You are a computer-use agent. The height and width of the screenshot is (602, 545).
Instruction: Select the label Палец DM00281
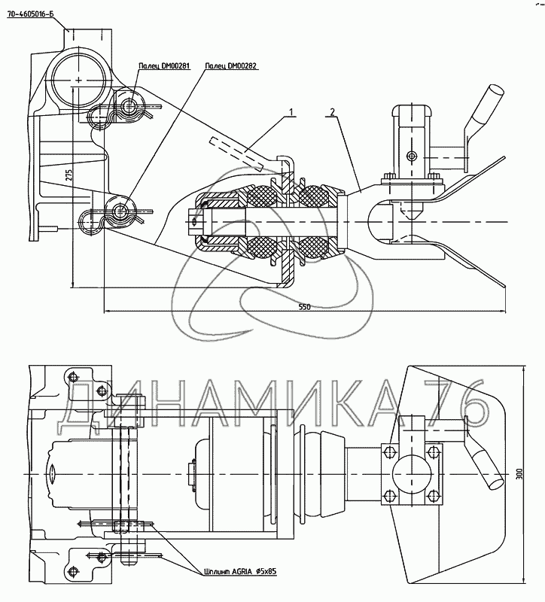click(163, 66)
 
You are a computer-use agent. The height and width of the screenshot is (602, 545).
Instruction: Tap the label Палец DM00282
click(231, 66)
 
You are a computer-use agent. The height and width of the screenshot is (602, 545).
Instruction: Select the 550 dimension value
click(304, 307)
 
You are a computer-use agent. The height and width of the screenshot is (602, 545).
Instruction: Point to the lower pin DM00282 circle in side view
click(119, 210)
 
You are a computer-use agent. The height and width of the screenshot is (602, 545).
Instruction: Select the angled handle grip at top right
click(483, 110)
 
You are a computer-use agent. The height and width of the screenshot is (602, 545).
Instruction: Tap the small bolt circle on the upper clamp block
click(410, 157)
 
